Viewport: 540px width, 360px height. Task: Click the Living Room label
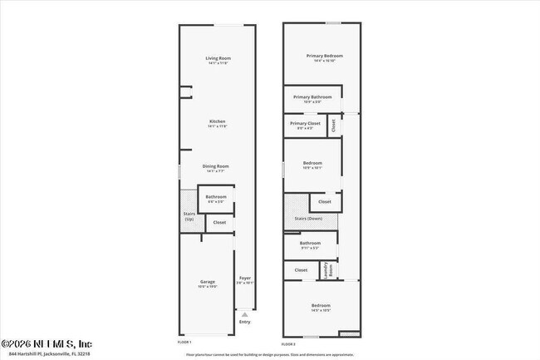[217, 58]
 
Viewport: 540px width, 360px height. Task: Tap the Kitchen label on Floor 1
[217, 122]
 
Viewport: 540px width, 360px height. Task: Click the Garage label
[208, 283]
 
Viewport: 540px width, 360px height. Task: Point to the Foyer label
[245, 279]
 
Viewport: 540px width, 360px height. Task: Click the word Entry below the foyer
[244, 322]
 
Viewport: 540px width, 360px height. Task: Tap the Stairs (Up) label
[189, 216]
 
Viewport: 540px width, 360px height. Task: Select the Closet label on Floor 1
[219, 222]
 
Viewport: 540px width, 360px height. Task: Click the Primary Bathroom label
[312, 97]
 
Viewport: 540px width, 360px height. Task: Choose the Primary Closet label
[305, 124]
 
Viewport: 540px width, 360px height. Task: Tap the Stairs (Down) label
[308, 218]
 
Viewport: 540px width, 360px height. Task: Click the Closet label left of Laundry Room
[301, 269]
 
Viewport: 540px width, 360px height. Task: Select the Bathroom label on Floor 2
[310, 244]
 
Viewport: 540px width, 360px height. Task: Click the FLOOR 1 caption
[184, 342]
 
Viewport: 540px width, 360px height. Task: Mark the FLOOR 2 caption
[288, 343]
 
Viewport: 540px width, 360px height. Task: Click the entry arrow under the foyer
[244, 314]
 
